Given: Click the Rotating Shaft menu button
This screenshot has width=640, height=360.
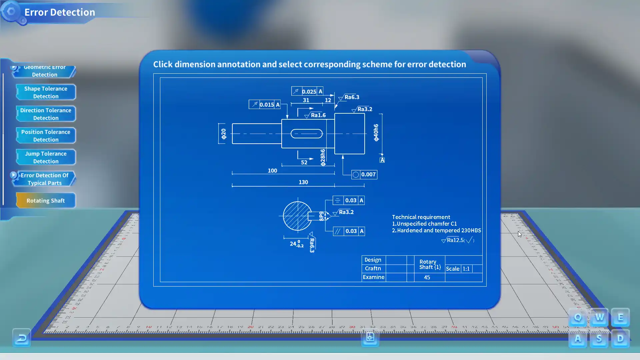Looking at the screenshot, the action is coord(46,201).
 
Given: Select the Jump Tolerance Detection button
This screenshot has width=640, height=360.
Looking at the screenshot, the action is coord(46,157).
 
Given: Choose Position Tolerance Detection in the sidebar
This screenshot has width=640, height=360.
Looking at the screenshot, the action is coord(46,136).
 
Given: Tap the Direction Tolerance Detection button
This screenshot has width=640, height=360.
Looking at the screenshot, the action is coord(46,114).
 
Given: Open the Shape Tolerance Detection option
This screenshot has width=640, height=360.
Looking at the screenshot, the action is coord(46,92).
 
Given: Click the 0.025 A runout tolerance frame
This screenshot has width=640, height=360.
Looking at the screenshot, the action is coord(307,91).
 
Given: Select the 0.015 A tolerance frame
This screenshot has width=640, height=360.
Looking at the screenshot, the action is coord(265,105).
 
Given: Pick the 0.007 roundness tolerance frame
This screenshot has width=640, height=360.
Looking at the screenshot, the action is coord(364,174).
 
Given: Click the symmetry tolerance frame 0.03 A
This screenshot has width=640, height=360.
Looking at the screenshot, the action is coord(348,200).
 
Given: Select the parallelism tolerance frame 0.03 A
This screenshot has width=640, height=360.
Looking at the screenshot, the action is coord(349,231).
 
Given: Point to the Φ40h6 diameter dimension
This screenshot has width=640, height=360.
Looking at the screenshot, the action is coord(376,133).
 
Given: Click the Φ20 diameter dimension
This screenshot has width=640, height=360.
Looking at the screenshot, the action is coord(223,134).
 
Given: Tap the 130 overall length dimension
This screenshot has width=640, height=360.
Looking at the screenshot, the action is coord(303,182).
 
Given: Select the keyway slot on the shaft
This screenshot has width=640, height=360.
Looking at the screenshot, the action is coord(306,134).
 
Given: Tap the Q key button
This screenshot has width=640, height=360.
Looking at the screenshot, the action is coord(578,317).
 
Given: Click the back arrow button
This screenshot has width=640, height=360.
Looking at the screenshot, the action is coord(22,338).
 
